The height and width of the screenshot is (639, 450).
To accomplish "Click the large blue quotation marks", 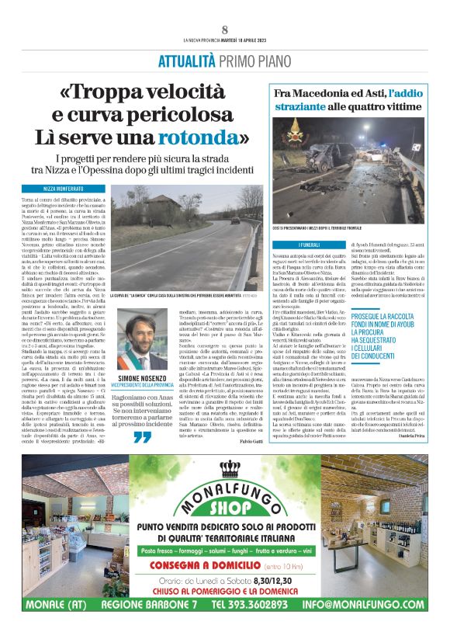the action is point(142,437).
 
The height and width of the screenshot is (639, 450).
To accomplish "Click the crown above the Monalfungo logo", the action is point(227,468).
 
